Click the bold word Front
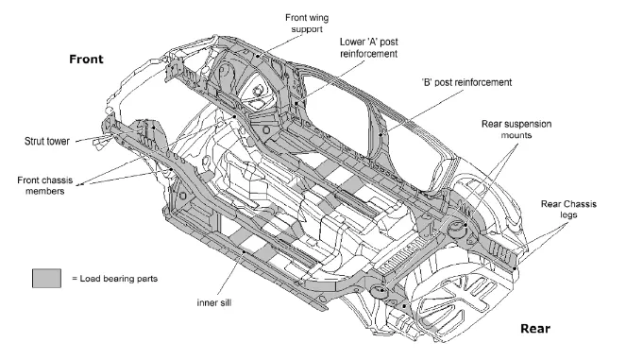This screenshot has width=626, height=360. [86, 60]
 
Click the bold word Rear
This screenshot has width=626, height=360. [535, 329]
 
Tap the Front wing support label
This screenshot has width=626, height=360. [307, 24]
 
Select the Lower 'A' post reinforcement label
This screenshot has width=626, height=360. [369, 47]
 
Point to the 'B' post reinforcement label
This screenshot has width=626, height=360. [466, 82]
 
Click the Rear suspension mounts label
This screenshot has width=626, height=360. [516, 129]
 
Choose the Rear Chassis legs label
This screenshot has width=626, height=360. [568, 209]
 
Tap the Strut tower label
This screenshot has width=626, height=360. [46, 141]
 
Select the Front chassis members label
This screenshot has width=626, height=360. [45, 185]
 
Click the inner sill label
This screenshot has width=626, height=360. [214, 303]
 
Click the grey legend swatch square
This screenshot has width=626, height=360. [46, 278]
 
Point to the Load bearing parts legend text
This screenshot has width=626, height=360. [115, 279]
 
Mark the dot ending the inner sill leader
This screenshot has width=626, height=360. [245, 251]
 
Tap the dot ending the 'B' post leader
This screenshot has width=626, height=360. [381, 135]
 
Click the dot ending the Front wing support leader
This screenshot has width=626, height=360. [258, 56]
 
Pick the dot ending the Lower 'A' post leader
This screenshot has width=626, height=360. [296, 104]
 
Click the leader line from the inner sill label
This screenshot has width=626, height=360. [231, 274]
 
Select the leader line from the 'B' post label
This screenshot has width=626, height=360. [422, 112]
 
